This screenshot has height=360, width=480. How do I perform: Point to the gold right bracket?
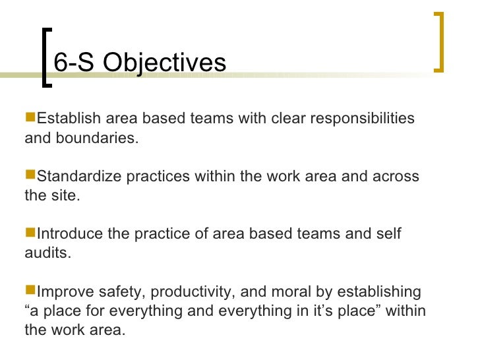click(x=439, y=41)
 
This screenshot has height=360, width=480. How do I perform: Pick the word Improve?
click(x=65, y=291)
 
